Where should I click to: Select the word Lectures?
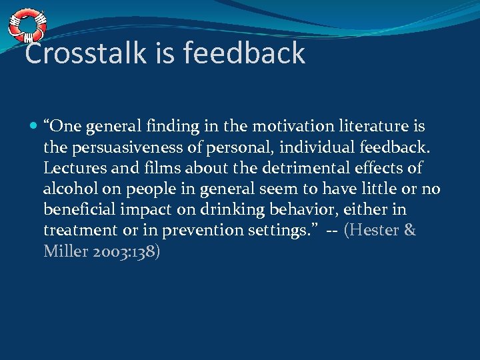(71, 168)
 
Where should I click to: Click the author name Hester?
(374, 231)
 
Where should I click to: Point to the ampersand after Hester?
(410, 231)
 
